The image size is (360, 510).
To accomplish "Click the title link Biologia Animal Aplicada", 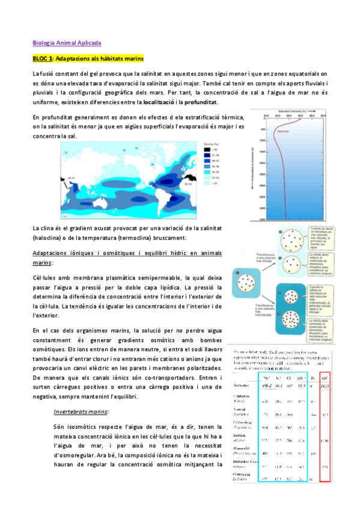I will [x=66, y=43].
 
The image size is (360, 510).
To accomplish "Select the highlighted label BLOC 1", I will [x=43, y=58].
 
